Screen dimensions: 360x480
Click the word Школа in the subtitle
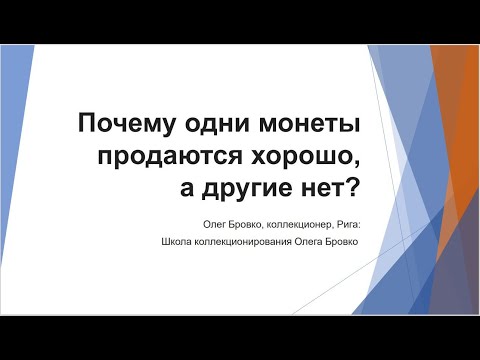pyautogui.click(x=174, y=240)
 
